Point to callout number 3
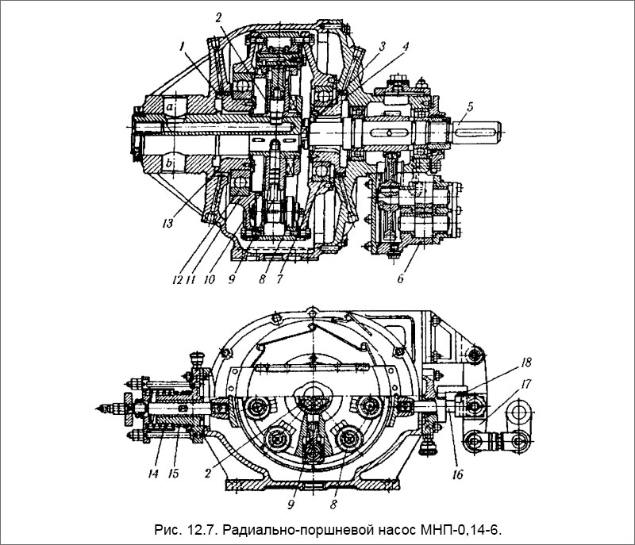[382, 46]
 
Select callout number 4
[405, 46]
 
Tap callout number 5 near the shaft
[470, 107]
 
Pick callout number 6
[401, 278]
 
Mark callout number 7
[280, 278]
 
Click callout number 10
[210, 278]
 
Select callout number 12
[177, 278]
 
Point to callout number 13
[168, 223]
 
